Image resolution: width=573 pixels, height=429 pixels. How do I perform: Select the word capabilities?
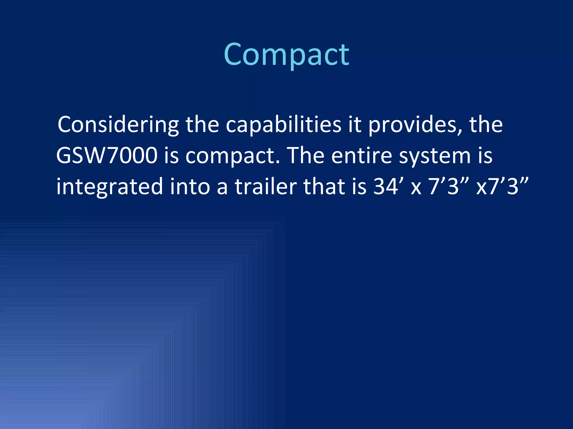(x=283, y=125)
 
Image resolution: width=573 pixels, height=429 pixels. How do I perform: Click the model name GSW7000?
(x=107, y=156)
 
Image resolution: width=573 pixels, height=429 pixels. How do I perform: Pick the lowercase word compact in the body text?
(x=232, y=156)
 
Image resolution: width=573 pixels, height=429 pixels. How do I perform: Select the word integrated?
(x=109, y=187)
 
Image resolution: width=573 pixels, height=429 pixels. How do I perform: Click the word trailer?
(x=266, y=186)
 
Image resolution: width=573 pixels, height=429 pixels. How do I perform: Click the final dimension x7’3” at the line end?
(x=502, y=186)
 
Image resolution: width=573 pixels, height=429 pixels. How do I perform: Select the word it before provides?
(x=354, y=125)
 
